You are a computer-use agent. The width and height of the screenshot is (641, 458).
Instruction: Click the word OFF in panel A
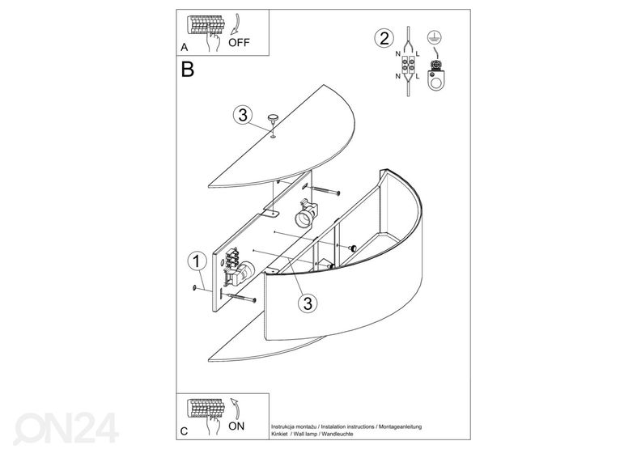pyautogui.click(x=239, y=43)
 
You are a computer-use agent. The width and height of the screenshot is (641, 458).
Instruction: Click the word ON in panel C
pyautogui.click(x=236, y=426)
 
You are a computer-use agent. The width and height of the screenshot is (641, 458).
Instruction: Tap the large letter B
pyautogui.click(x=187, y=70)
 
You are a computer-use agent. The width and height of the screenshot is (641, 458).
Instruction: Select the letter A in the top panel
pyautogui.click(x=185, y=48)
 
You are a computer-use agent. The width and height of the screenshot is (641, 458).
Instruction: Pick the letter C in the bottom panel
pyautogui.click(x=184, y=431)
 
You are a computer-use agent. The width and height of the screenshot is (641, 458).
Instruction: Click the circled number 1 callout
pyautogui.click(x=197, y=261)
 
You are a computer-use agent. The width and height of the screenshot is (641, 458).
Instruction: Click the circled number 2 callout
pyautogui.click(x=384, y=38)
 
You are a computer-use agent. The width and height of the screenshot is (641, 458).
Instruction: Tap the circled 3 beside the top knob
pyautogui.click(x=243, y=115)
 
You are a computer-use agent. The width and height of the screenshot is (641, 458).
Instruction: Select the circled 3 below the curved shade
pyautogui.click(x=308, y=303)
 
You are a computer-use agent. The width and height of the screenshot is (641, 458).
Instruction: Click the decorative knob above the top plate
pyautogui.click(x=272, y=119)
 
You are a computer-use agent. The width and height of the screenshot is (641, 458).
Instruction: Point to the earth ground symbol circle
pyautogui.click(x=435, y=37)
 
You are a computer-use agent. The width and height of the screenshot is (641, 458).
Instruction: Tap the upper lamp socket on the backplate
pyautogui.click(x=306, y=214)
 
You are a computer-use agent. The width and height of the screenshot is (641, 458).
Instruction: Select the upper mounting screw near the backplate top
pyautogui.click(x=325, y=191)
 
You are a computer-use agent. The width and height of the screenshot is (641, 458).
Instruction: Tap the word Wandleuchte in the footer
pyautogui.click(x=337, y=434)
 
